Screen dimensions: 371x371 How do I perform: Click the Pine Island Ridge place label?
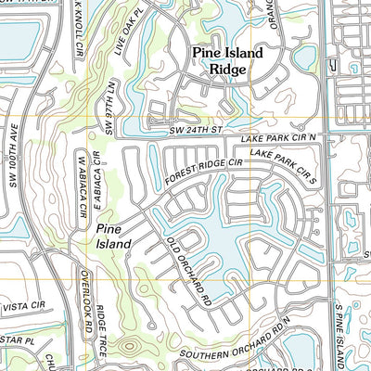tap(227, 61)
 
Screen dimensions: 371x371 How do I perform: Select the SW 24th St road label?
tap(197, 132)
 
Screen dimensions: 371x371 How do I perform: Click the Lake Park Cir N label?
tap(278, 138)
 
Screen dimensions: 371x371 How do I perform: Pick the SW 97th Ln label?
tap(109, 118)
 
